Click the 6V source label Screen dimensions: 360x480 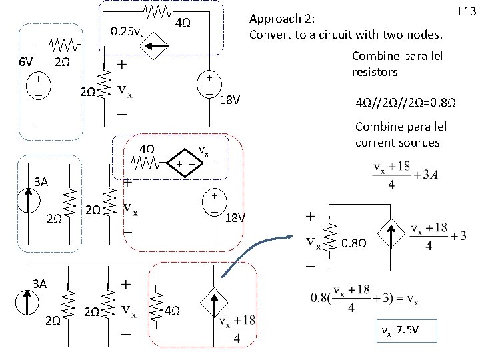tap(26, 62)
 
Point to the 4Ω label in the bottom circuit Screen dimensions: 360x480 tap(171, 310)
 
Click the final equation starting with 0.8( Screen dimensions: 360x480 tap(365, 301)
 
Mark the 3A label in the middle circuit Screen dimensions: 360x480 tap(41, 181)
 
